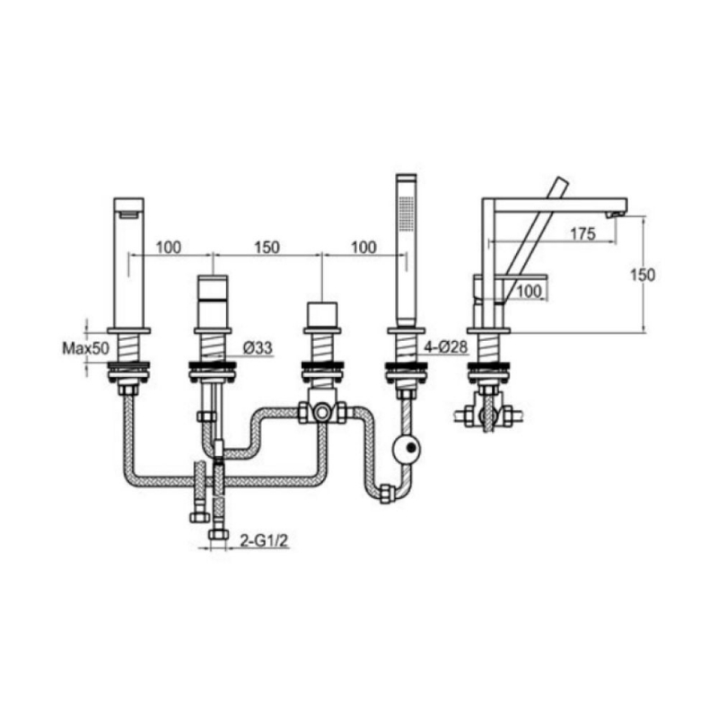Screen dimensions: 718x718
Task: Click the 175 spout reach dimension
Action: click(582, 234)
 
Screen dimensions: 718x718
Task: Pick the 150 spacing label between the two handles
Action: click(267, 246)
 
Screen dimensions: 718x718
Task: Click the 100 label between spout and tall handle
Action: click(171, 246)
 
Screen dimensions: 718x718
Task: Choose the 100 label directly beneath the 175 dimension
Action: click(530, 290)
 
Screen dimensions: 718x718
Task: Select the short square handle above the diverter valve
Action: click(320, 316)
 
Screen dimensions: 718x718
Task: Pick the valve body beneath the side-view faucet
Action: click(487, 416)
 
